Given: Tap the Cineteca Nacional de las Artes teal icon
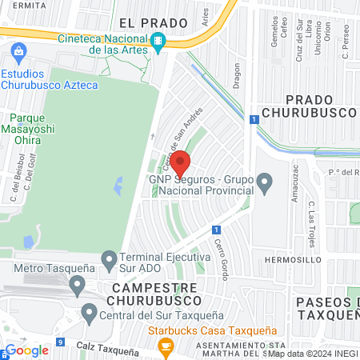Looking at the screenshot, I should click(158, 41).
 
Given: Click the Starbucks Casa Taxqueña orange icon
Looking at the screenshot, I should click(166, 346).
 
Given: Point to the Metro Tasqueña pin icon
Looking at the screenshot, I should click(77, 284).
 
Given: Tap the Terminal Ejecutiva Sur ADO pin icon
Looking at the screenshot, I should click(110, 258).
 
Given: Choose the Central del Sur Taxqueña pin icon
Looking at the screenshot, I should click(89, 312).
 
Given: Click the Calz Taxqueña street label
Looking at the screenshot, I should click(108, 349).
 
